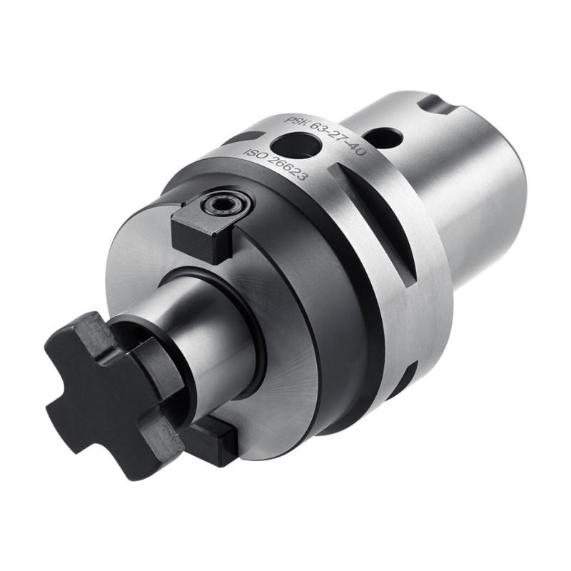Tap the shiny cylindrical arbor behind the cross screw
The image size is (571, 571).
(207, 321)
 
